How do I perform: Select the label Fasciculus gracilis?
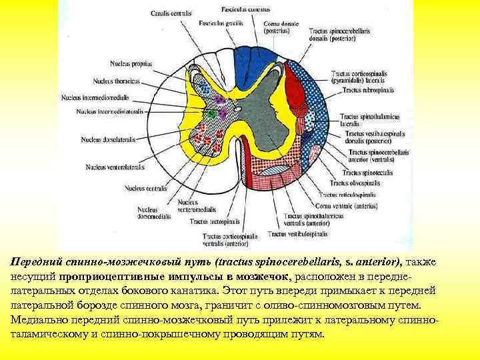click(217, 23)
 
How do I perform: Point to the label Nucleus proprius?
click(131, 64)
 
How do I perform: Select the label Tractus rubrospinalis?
click(369, 89)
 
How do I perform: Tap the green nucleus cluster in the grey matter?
click(213, 114)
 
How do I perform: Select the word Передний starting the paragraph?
click(38, 263)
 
